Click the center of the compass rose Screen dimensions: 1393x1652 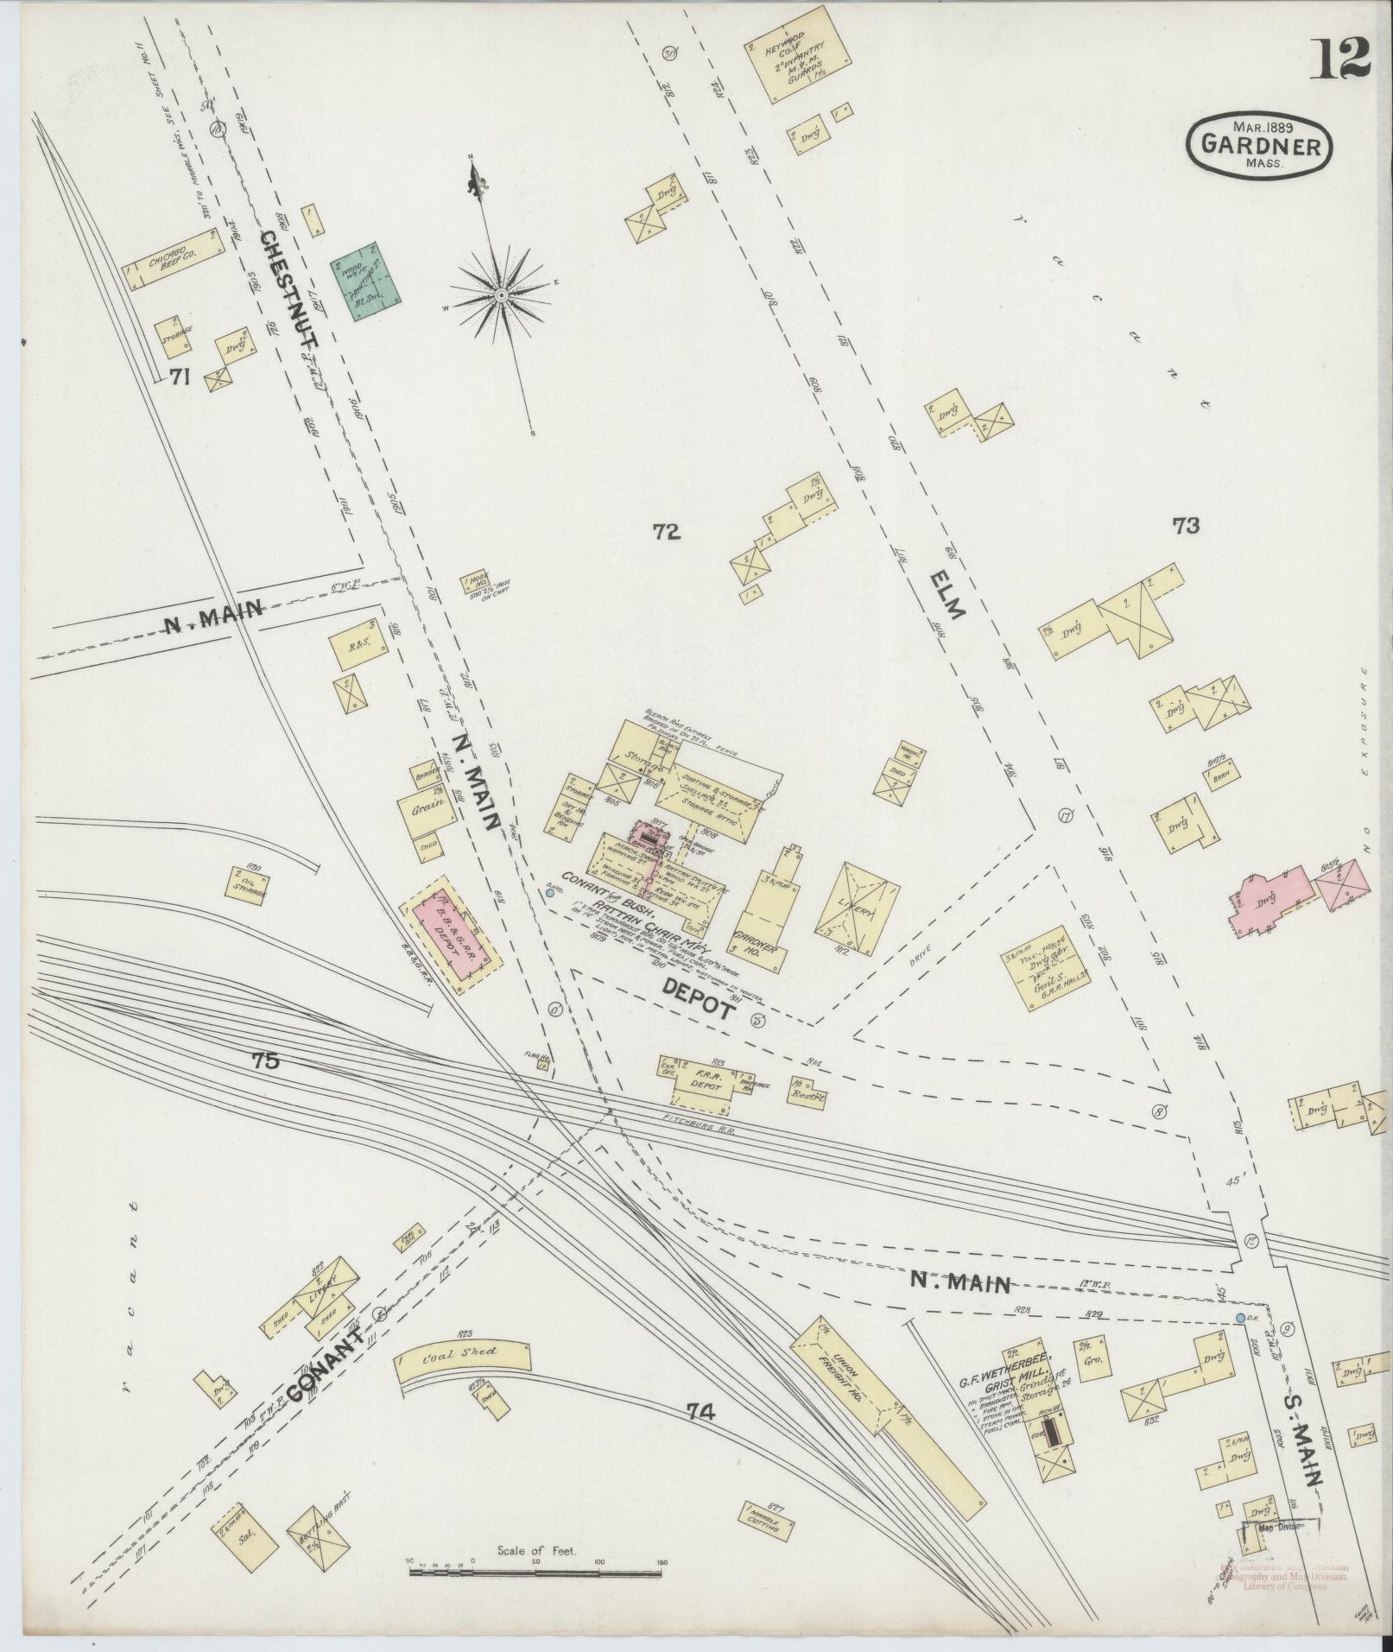501,296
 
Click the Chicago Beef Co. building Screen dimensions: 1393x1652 174,259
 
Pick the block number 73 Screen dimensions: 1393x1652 1186,526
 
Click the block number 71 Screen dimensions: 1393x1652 180,376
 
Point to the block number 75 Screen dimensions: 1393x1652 267,1061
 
